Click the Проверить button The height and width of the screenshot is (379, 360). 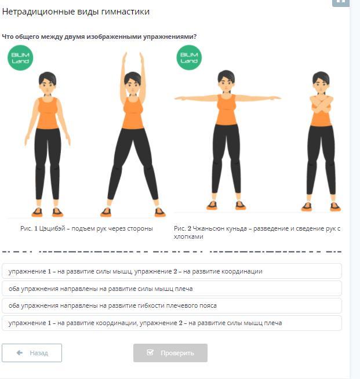click(170, 353)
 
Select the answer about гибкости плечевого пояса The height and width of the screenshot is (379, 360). click(172, 306)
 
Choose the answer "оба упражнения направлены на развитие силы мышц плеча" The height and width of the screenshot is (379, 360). click(172, 289)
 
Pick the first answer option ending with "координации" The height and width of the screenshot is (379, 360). click(172, 271)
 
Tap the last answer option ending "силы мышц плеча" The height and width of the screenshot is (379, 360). click(172, 323)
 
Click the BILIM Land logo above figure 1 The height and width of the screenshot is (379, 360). click(20, 58)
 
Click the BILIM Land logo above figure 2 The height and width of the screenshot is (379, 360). click(189, 57)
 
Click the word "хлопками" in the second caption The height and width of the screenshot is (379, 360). click(188, 236)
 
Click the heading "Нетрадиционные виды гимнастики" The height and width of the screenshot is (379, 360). click(76, 12)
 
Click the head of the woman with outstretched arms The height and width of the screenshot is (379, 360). click(226, 82)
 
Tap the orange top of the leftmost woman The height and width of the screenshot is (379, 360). click(48, 113)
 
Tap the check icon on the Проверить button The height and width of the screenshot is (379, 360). click(150, 352)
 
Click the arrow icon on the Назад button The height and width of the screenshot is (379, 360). click(20, 353)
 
